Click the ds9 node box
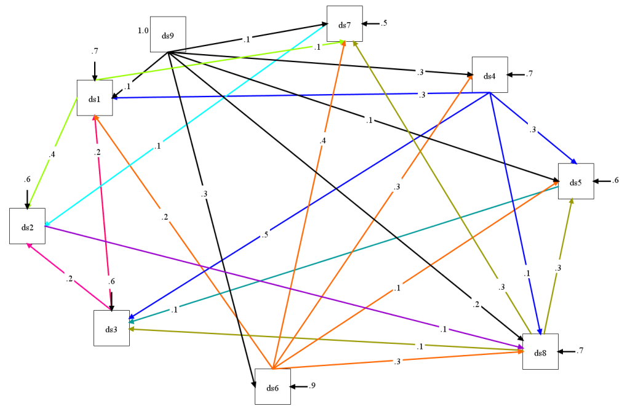(x=168, y=34)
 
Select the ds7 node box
(x=345, y=24)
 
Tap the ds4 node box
(x=490, y=75)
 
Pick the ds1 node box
(x=94, y=98)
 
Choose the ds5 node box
(x=576, y=181)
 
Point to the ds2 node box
(x=27, y=226)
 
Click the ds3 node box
(x=111, y=328)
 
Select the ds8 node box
(x=540, y=352)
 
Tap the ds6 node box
(x=273, y=387)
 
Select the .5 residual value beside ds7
(x=383, y=23)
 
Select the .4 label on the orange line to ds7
(x=322, y=141)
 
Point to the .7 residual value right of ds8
(x=580, y=351)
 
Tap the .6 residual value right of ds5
(x=615, y=180)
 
